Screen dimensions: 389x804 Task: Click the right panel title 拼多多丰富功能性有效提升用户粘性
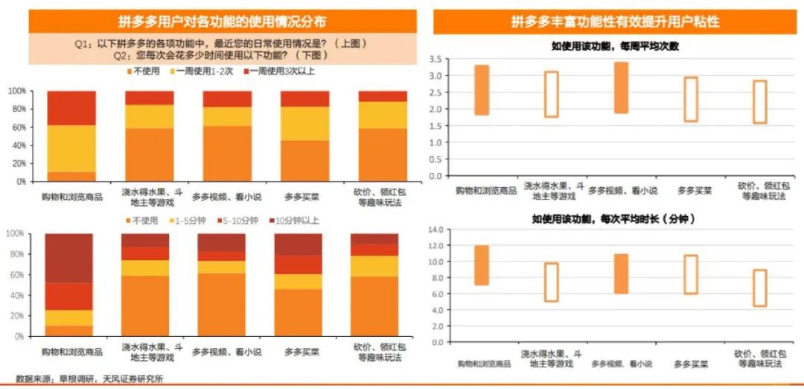click(x=615, y=22)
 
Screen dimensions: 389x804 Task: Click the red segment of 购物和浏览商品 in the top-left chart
click(x=71, y=108)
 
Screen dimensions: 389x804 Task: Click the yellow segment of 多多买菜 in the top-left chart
click(x=304, y=123)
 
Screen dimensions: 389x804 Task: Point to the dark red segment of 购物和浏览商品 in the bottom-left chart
click(x=68, y=258)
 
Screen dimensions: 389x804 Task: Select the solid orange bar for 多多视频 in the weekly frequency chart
click(x=620, y=88)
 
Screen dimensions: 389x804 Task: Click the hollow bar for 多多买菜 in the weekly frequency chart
click(x=691, y=99)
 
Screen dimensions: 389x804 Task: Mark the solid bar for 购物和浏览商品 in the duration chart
click(x=482, y=265)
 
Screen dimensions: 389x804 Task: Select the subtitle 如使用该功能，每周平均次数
click(x=614, y=46)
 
